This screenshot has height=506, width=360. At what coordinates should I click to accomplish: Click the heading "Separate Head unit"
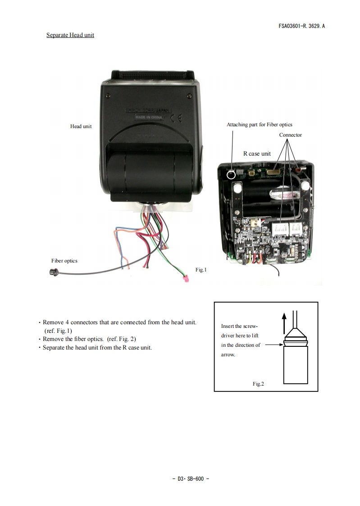(70, 35)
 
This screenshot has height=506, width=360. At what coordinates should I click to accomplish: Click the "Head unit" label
(81, 126)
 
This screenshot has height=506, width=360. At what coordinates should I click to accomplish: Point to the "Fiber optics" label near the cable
(64, 261)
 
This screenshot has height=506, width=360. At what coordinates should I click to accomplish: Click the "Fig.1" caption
(201, 270)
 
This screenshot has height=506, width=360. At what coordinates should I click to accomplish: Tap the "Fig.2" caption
(258, 384)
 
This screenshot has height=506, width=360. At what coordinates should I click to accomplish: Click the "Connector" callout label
(290, 135)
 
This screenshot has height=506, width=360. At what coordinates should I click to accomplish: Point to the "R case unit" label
(257, 153)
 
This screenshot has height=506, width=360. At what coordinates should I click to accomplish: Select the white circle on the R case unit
(231, 175)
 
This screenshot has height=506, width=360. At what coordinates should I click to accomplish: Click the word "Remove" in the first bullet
(53, 322)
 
